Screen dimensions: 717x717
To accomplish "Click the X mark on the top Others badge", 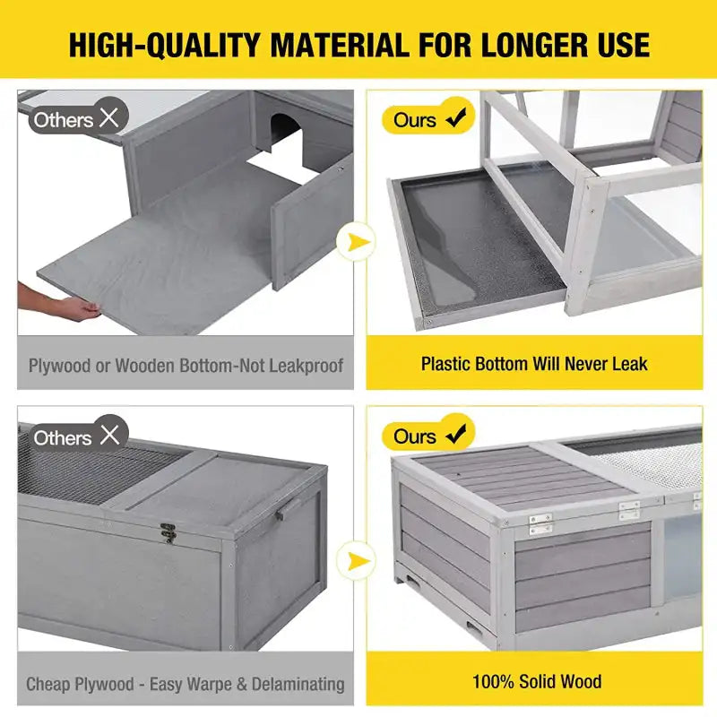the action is point(109,117).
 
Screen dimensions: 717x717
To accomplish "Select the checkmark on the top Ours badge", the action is point(456,117).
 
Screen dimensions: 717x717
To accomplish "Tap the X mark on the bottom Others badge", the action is point(109,435).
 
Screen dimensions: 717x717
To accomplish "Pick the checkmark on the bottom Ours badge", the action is point(456,434).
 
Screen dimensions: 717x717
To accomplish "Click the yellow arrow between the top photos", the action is point(358,241).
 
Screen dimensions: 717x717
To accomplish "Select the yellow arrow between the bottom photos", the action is point(358,561).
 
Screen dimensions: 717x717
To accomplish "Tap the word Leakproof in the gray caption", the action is point(306,366).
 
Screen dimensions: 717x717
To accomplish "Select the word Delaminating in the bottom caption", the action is point(298,685).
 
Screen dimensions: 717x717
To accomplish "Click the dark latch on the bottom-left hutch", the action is point(168,532).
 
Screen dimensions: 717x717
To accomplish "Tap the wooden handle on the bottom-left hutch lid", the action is point(288,508).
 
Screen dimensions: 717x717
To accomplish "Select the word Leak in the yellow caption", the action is point(630,364).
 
